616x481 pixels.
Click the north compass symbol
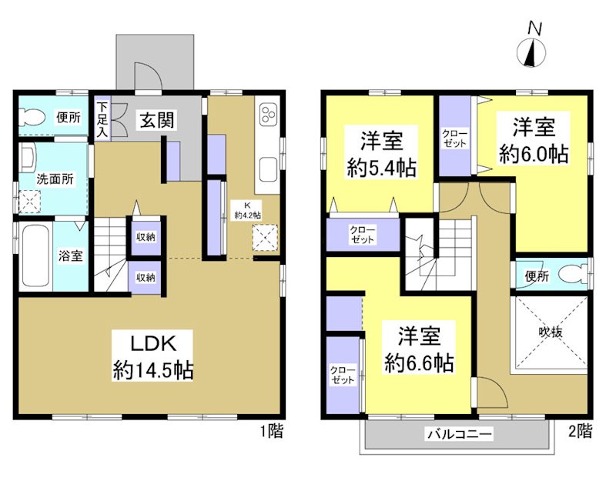click(x=534, y=52)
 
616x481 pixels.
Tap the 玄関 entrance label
click(x=156, y=119)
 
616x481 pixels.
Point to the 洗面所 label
click(x=56, y=179)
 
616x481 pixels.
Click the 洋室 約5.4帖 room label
click(x=381, y=155)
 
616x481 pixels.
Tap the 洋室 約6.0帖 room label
click(x=534, y=139)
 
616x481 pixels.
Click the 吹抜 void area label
click(x=550, y=332)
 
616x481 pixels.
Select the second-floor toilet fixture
click(x=569, y=274)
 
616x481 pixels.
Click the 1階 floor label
click(x=271, y=431)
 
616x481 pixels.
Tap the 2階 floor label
click(x=581, y=429)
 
